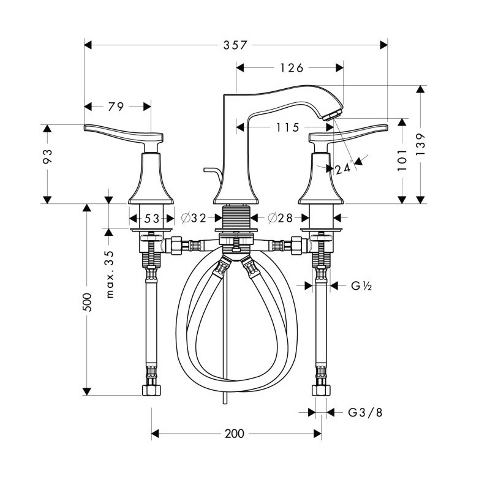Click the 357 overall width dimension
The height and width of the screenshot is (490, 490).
[x=235, y=45]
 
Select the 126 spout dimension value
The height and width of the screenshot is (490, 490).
[x=292, y=68]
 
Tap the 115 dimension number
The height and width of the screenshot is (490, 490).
[x=287, y=127]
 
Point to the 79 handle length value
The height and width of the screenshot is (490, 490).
[x=116, y=107]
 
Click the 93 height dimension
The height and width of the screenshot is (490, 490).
[x=48, y=157]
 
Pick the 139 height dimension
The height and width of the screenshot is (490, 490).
[x=421, y=145]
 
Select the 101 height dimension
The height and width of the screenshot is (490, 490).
[x=402, y=160]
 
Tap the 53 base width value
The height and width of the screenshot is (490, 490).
[x=152, y=219]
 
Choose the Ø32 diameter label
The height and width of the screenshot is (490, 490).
[x=194, y=218]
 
